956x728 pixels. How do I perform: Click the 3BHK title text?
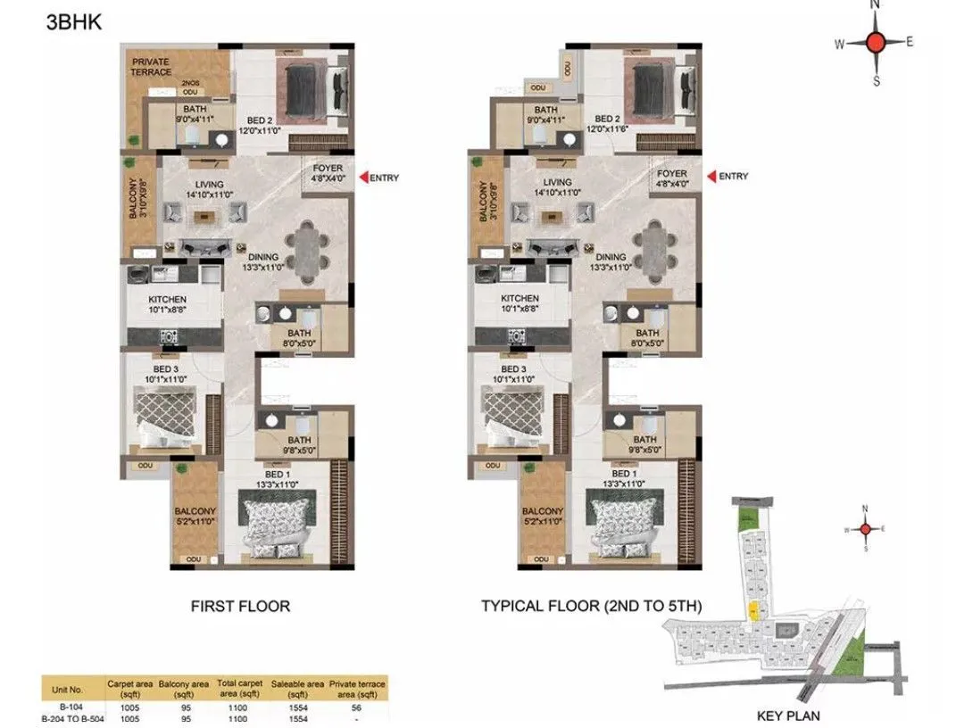73,22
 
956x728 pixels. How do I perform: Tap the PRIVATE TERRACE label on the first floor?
152,67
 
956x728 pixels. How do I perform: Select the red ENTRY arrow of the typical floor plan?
712,177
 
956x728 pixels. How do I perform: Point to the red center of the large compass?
875,42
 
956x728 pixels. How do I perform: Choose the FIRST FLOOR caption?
240,607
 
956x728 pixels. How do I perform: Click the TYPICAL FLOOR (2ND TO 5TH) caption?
592,607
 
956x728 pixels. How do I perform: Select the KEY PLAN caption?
788,716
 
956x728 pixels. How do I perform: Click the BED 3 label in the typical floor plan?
512,370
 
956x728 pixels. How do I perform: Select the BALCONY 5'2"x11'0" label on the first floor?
195,517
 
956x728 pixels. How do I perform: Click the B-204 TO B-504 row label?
72,717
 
